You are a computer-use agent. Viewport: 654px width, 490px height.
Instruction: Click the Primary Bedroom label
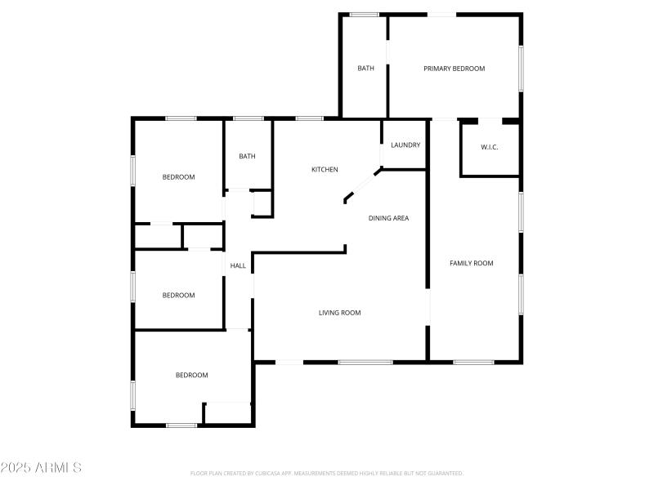coord(454,69)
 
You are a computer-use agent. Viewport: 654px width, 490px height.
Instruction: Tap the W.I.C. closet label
coord(489,147)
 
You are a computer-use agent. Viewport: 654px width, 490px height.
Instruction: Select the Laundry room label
coord(405,145)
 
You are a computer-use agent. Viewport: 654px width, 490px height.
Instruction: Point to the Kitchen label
coord(325,170)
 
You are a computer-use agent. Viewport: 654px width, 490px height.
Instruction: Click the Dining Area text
coord(388,218)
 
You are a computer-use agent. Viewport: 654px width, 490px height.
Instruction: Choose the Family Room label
coord(472,263)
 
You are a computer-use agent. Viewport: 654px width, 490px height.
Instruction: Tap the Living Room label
coord(339,313)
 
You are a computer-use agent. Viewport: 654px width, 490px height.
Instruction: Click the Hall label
coord(238,265)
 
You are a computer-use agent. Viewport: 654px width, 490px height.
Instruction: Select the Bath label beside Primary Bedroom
coord(365,69)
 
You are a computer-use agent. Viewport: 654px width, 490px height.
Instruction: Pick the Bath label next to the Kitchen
coord(247,157)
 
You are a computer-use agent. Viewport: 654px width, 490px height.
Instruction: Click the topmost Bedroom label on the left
coord(178,177)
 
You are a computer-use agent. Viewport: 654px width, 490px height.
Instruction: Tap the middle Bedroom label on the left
coord(178,296)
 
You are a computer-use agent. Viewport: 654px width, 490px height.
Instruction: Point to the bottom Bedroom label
coord(191,376)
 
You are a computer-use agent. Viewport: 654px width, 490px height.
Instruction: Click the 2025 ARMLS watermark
coord(41,468)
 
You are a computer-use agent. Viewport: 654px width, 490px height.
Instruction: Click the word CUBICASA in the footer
coord(271,473)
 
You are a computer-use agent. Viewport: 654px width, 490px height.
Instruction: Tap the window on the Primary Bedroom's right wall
coord(521,69)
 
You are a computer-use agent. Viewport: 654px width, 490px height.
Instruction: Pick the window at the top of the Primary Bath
coord(364,15)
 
